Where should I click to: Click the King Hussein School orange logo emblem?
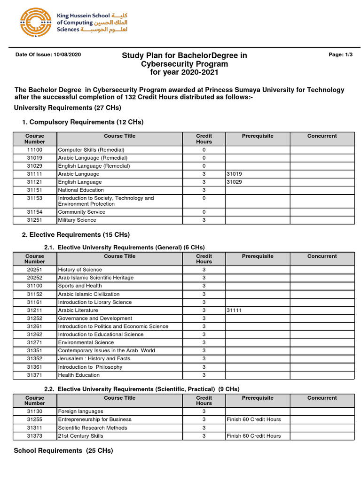[35, 23]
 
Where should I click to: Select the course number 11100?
[35, 150]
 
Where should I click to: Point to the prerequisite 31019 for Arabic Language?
[234, 174]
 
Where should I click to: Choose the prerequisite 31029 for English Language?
[234, 182]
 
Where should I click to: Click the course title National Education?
[81, 190]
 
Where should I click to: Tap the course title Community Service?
[81, 212]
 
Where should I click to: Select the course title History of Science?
[79, 270]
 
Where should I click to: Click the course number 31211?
[35, 310]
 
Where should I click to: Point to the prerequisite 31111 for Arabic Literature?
[234, 310]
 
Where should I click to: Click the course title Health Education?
[79, 375]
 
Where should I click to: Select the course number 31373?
[35, 436]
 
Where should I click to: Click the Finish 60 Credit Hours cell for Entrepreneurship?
[253, 419]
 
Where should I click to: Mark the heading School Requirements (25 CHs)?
[63, 450]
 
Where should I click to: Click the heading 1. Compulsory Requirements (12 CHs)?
[83, 122]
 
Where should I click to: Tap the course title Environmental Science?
[86, 342]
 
